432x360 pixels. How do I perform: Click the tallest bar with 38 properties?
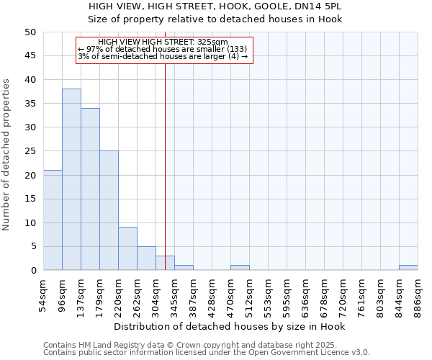coord(71,179)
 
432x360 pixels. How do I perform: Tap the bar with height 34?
coord(90,189)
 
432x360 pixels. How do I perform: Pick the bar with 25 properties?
coord(109,210)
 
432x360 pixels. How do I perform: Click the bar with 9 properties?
coord(127,248)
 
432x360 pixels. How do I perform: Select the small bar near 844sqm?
coord(408,268)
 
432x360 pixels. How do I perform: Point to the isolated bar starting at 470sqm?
coord(240,268)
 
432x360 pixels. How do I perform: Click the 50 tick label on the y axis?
coord(30,32)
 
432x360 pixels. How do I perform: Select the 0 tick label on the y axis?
coord(33,271)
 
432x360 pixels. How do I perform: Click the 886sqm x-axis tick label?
coord(418,297)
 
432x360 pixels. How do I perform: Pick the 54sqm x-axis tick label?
coord(43,297)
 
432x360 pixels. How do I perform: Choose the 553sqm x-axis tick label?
coord(268,297)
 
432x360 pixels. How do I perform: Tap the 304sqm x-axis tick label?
coord(156,297)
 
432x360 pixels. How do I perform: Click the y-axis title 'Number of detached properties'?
coord(8,155)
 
